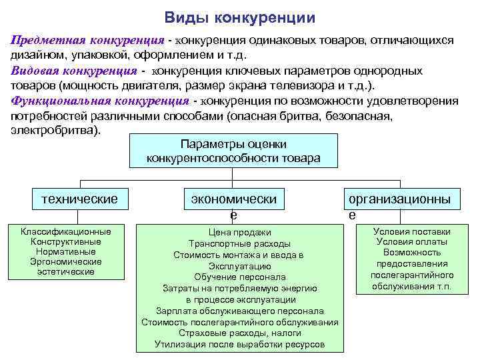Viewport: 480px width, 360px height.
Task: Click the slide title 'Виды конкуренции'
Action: coord(240,17)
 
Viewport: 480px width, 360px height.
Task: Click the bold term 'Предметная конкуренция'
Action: coord(87,40)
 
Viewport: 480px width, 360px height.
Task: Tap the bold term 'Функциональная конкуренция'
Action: coord(101,101)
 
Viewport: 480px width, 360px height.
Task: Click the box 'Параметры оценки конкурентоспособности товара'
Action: coord(233,151)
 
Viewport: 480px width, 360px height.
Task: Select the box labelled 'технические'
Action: coord(79,198)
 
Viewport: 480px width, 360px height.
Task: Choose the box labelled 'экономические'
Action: coord(233,199)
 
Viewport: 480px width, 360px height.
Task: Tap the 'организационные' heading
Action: coord(397,199)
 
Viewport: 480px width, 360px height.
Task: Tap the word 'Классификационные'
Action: coord(66,231)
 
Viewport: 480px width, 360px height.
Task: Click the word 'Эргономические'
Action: coord(66,262)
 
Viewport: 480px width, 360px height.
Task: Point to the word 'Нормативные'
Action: coord(66,252)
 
